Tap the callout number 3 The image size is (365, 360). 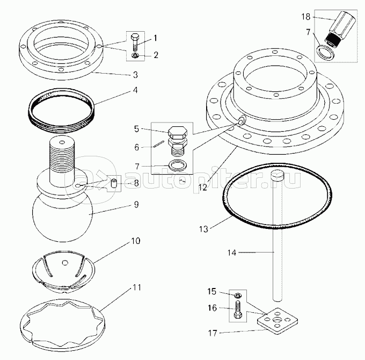[136, 74]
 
